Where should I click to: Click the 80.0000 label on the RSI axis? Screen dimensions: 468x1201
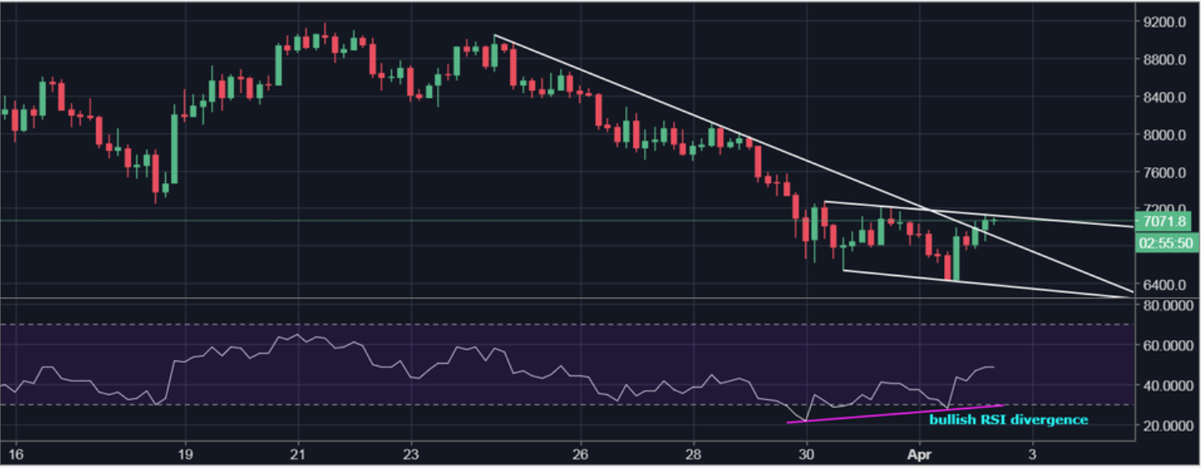pos(1164,305)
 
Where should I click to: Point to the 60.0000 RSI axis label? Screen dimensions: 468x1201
pos(1164,345)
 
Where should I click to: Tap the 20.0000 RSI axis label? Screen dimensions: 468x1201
pos(1164,425)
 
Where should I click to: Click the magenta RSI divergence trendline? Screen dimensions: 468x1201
pos(895,414)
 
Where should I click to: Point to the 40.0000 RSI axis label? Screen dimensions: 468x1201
pos(1164,385)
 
